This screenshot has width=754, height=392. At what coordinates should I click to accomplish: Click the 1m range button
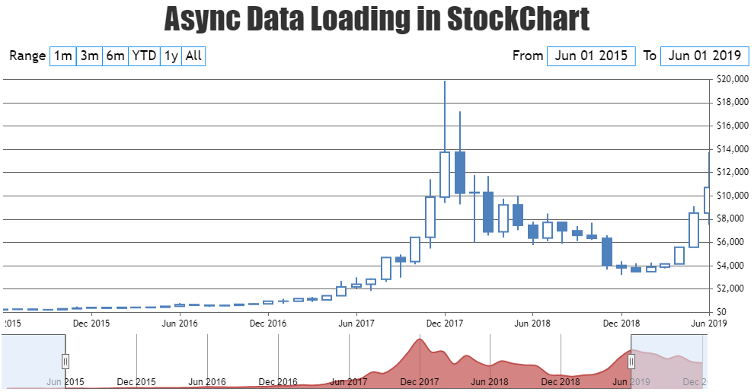[x=62, y=56]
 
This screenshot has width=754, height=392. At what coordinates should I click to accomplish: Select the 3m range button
[x=89, y=56]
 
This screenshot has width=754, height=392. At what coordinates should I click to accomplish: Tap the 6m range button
[x=115, y=56]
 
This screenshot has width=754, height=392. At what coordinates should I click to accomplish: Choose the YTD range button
[x=144, y=56]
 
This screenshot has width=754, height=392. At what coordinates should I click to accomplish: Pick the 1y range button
[x=171, y=56]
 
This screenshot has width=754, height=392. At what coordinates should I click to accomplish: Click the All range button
[x=193, y=56]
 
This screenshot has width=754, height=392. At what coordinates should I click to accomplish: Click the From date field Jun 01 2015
[x=591, y=56]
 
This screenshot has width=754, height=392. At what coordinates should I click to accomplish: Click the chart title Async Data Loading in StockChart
[x=377, y=18]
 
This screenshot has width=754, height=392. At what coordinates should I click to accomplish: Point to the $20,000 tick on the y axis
[x=732, y=79]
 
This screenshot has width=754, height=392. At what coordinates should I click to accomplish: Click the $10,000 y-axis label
[x=732, y=196]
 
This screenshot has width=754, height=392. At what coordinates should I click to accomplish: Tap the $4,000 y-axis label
[x=732, y=266]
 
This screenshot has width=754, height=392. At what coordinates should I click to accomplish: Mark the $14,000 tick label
[x=732, y=149]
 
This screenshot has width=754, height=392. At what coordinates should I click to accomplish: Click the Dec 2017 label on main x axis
[x=445, y=323]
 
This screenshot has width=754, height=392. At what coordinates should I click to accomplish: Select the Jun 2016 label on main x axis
[x=180, y=323]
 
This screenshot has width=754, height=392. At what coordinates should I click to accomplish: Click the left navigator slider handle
[x=65, y=361]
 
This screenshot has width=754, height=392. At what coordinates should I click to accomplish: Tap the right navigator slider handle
[x=631, y=361]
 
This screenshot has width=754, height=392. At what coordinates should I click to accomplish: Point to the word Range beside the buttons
[x=28, y=56]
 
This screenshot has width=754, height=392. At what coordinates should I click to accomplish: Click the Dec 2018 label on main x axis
[x=621, y=323]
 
